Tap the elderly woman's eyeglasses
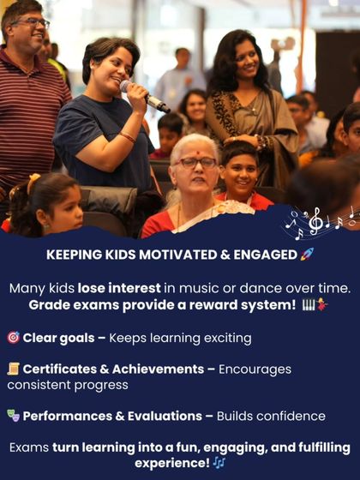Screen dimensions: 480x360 196,163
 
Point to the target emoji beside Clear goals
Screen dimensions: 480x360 13,338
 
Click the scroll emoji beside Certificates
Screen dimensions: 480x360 13,369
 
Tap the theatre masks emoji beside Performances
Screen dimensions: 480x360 13,417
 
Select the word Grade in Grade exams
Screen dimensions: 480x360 48,305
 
